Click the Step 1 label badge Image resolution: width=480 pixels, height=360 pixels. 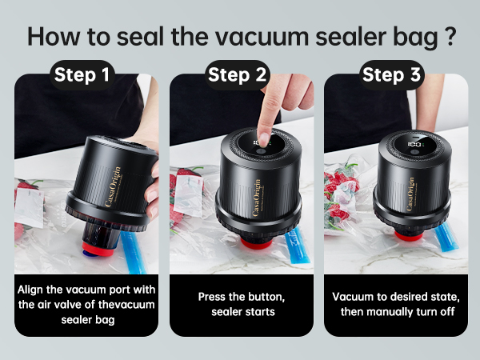pyautogui.click(x=82, y=74)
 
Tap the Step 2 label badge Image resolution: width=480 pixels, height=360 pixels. pyautogui.click(x=238, y=74)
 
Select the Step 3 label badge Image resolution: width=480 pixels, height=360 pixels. pyautogui.click(x=391, y=74)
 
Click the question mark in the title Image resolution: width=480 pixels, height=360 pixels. pyautogui.click(x=450, y=36)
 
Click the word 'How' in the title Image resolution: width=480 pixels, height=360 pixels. pyautogui.click(x=54, y=37)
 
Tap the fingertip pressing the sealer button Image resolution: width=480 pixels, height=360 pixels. pyautogui.click(x=263, y=138)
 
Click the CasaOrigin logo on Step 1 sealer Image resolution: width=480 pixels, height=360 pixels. pyautogui.click(x=113, y=186)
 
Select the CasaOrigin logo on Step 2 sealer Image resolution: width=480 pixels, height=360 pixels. pyautogui.click(x=257, y=198)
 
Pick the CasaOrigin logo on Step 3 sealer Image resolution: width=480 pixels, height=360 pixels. pyautogui.click(x=411, y=194)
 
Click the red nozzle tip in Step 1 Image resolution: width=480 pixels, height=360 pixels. pyautogui.click(x=98, y=249)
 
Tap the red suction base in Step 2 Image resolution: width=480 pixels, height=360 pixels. pyautogui.click(x=257, y=243)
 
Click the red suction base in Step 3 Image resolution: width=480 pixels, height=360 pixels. pyautogui.click(x=410, y=236)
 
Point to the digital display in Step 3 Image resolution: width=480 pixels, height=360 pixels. pyautogui.click(x=414, y=144)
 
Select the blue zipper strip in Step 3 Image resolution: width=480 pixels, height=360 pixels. pyautogui.click(x=446, y=237)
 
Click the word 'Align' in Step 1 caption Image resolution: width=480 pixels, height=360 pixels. pyautogui.click(x=31, y=290)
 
